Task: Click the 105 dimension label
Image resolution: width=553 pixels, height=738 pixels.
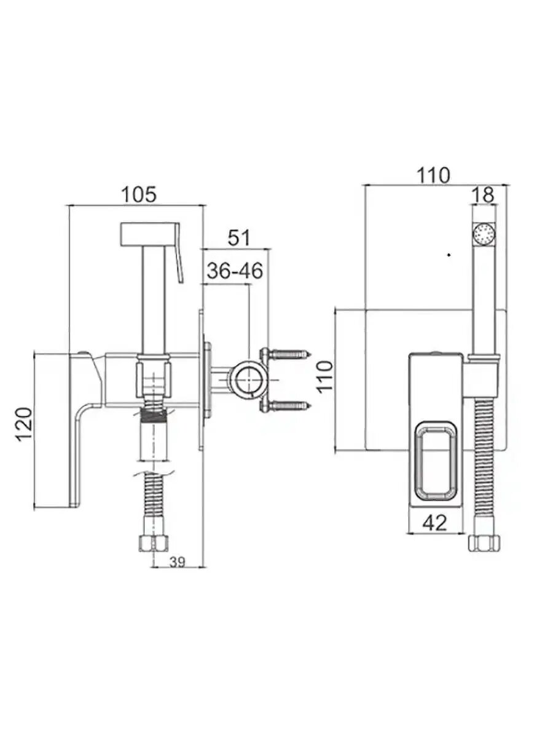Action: tap(138, 194)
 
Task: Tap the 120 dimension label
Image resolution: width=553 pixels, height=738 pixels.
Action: tap(23, 424)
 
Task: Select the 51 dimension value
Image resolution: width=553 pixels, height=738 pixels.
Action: tap(238, 237)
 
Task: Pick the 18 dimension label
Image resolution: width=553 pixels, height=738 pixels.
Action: tap(484, 195)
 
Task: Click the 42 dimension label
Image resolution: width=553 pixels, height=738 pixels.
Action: tap(435, 523)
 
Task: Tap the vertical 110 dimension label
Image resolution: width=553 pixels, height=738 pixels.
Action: tap(325, 377)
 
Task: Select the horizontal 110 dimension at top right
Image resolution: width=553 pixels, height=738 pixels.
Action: tap(434, 175)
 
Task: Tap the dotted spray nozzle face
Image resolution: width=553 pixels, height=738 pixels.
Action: tap(485, 234)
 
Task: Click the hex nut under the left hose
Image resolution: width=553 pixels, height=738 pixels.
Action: tap(152, 543)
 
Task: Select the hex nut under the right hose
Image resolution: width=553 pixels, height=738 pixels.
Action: tap(485, 543)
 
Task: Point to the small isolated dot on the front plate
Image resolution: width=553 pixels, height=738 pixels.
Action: tap(449, 253)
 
